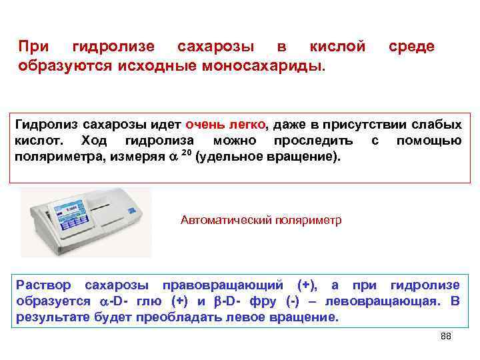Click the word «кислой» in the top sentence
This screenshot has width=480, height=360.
click(x=337, y=47)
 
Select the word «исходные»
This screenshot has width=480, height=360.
click(x=157, y=67)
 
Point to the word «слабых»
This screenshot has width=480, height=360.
click(x=434, y=125)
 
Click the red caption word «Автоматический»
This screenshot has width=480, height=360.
click(x=225, y=221)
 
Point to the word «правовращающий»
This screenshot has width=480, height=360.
click(x=234, y=285)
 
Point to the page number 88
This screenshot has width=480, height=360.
click(x=446, y=337)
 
